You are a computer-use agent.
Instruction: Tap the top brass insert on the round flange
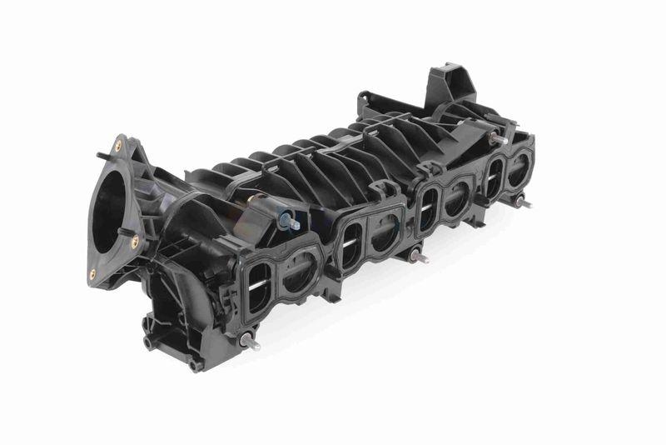point(117,145)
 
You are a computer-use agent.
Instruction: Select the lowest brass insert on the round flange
point(92,272)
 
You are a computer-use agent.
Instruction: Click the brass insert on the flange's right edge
point(135,242)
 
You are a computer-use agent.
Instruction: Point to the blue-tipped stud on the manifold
point(287,221)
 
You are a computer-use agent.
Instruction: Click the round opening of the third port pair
point(456,201)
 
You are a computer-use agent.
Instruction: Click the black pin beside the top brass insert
point(101,154)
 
